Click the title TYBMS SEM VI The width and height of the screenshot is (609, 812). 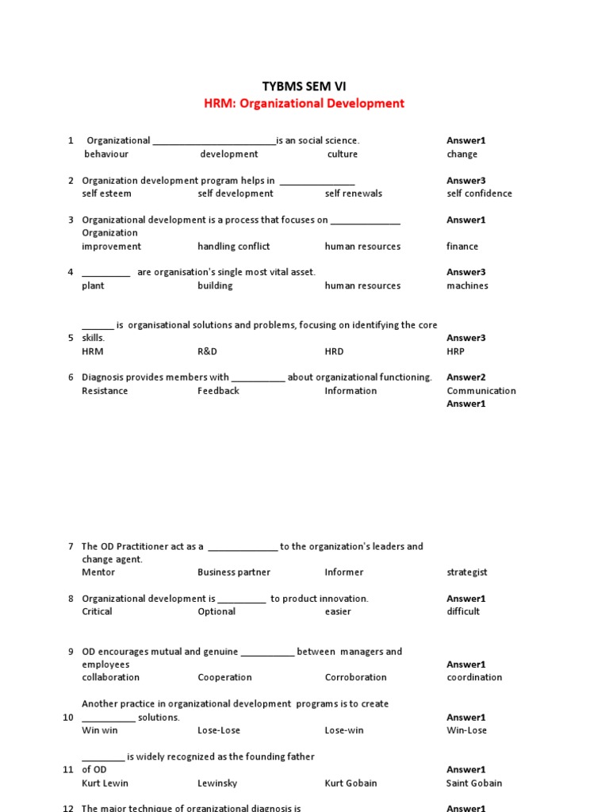click(x=304, y=86)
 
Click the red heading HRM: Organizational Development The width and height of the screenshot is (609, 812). click(x=304, y=103)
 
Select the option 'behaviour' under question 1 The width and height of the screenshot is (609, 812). click(x=106, y=154)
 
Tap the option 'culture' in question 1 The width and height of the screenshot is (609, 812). click(x=342, y=154)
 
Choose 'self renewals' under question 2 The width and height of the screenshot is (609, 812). click(x=353, y=193)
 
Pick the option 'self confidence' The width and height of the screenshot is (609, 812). click(x=479, y=193)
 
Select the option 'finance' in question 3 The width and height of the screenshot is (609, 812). click(x=462, y=247)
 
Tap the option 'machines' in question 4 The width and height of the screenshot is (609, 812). click(x=467, y=285)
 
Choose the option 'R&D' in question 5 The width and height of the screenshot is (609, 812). click(x=207, y=351)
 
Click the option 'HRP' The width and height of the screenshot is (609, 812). click(x=455, y=351)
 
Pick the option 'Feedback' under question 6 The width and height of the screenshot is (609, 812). click(x=218, y=391)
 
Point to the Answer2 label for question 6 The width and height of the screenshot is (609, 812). click(x=465, y=377)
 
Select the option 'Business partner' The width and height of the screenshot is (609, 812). click(x=233, y=572)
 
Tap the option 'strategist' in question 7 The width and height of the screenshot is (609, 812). click(x=466, y=572)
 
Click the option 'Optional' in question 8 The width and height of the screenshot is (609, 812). click(x=216, y=611)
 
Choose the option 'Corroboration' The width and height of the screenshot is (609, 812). click(x=355, y=677)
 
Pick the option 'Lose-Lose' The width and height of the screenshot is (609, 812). click(x=218, y=730)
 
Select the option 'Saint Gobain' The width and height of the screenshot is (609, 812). click(x=474, y=783)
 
